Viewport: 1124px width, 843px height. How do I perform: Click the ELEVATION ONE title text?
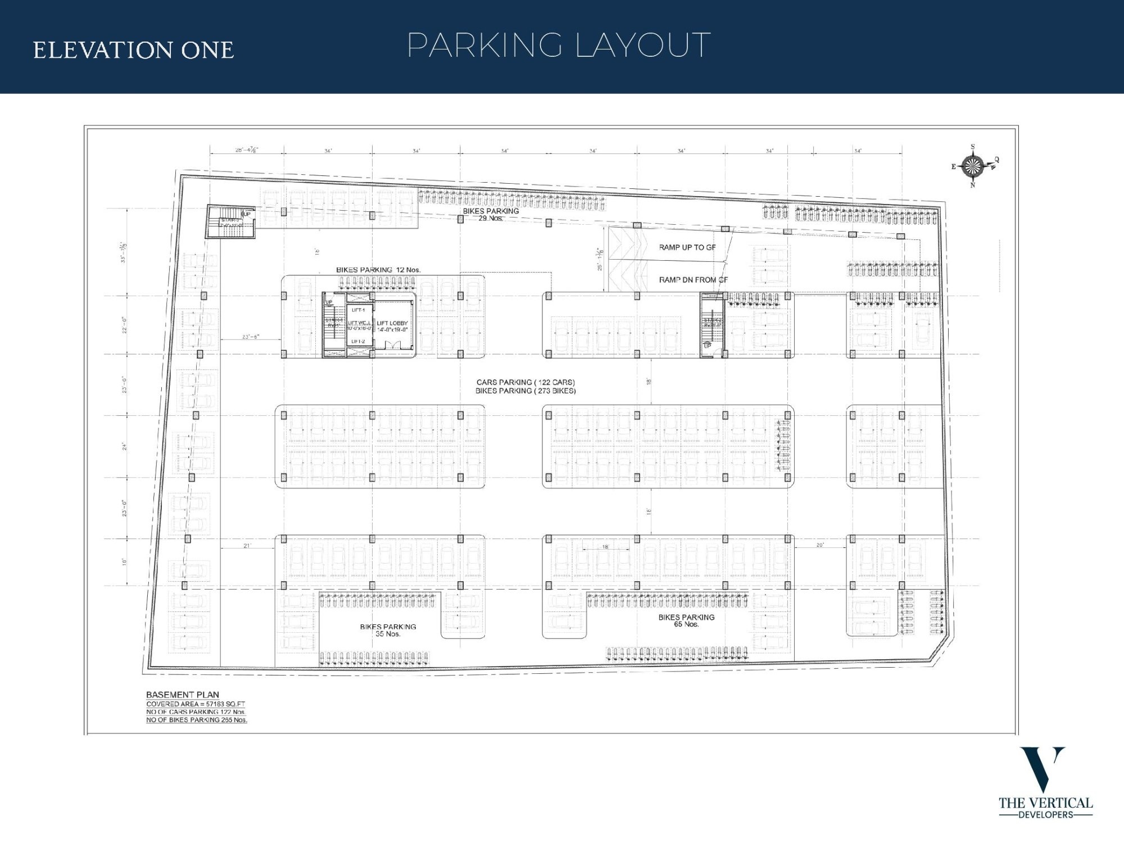133,50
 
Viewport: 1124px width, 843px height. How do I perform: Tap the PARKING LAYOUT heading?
559,46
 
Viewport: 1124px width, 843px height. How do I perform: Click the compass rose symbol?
973,166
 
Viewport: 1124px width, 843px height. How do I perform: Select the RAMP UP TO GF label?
687,247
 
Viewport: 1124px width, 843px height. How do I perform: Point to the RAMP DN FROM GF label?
692,279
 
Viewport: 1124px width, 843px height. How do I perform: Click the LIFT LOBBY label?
392,323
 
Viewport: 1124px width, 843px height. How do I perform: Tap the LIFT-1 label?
358,310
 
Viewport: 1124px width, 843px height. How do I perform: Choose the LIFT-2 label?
358,342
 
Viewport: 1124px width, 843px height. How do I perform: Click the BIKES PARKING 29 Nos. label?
491,214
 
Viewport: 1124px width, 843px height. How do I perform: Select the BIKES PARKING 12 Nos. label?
378,270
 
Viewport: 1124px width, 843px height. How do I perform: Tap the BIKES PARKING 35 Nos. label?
388,630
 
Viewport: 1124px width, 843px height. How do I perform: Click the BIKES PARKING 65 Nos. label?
686,620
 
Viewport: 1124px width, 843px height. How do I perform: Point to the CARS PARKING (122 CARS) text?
525,382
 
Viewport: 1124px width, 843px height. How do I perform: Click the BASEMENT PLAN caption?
182,695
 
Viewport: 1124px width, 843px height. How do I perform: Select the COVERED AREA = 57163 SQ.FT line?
195,704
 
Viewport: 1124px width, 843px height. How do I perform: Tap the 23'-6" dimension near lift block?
250,337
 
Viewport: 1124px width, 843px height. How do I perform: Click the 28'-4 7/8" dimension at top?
247,150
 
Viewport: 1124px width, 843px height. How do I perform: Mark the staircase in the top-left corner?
230,221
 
